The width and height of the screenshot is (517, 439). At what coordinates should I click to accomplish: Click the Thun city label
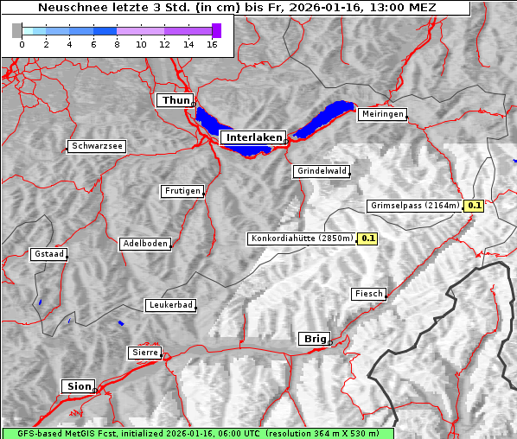176,101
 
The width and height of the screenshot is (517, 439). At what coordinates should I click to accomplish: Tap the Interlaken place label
253,137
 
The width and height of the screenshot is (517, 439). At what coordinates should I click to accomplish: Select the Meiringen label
381,114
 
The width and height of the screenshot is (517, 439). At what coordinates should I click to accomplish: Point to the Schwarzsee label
97,147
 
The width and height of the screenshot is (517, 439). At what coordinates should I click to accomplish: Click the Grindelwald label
322,171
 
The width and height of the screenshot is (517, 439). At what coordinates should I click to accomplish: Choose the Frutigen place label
182,191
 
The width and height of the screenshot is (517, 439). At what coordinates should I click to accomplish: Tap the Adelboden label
144,244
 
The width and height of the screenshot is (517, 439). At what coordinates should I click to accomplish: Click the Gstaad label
48,255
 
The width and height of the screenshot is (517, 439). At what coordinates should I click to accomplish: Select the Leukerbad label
169,305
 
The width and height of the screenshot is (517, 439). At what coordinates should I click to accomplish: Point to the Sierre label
145,353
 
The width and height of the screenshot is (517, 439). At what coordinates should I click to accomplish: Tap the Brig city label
313,339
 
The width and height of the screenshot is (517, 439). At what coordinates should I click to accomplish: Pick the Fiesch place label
368,294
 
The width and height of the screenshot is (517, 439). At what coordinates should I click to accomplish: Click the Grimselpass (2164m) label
414,206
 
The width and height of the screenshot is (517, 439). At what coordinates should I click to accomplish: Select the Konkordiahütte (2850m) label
302,239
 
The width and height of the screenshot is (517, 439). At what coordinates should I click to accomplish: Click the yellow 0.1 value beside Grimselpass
474,206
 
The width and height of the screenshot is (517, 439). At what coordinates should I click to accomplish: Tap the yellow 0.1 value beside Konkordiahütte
368,239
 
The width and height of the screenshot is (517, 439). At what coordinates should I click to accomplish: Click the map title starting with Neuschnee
236,8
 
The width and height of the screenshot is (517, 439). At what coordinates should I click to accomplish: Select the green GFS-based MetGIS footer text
197,433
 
